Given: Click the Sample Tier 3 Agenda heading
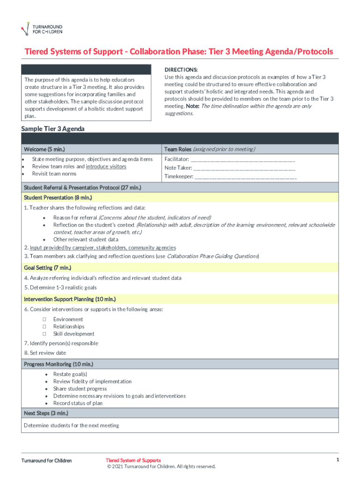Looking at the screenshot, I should point(53,129).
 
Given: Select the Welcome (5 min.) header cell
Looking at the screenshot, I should point(44,149).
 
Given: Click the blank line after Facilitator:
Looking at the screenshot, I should point(243,160).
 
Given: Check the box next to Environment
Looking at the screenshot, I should point(44,319).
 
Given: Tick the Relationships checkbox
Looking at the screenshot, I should point(44,327).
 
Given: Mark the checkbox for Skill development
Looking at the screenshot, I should point(44,334).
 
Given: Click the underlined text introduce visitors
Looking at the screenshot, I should point(106,167).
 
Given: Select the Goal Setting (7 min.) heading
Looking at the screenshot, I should point(47,268).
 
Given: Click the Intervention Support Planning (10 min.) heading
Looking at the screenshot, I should point(70,299).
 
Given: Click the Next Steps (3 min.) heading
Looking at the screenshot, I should point(46,413).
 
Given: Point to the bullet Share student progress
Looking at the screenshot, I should point(80,389).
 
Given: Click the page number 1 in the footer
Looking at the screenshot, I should point(337,460).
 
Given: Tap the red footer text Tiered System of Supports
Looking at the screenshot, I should point(133,461).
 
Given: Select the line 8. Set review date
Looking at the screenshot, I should point(45,353).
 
